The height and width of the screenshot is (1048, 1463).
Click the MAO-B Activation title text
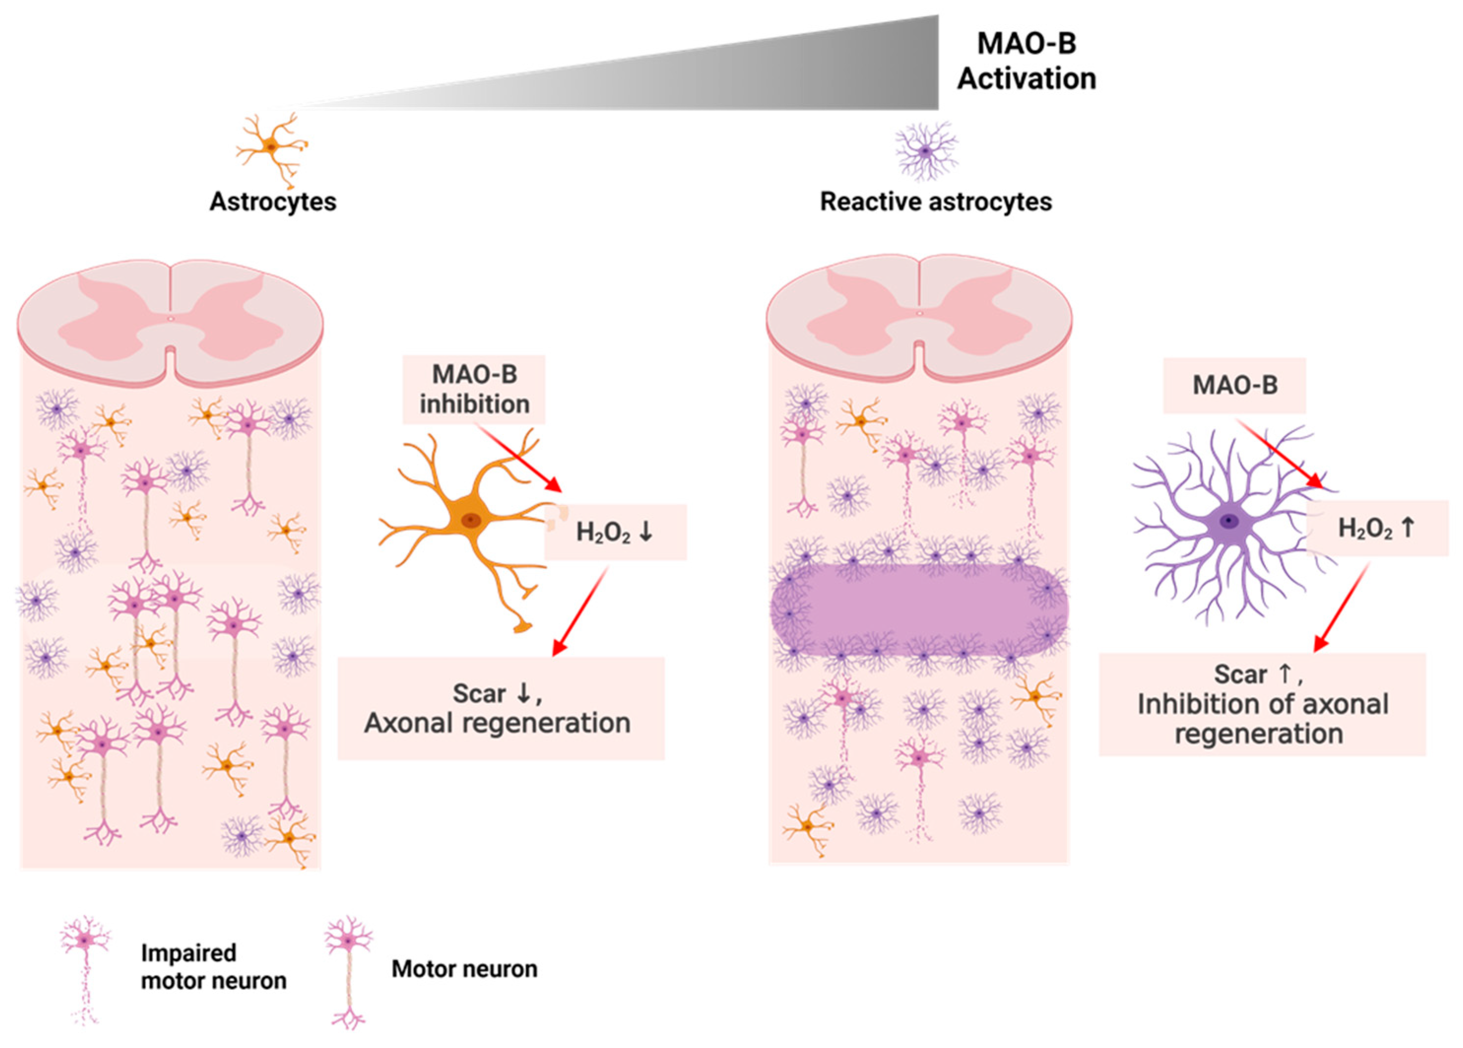point(1026,61)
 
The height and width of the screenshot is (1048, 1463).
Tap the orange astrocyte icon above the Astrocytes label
point(271,147)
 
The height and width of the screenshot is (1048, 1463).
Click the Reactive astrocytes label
point(935,202)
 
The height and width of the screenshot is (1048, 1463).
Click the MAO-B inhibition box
point(474,389)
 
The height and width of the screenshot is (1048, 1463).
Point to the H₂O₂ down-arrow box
point(616,532)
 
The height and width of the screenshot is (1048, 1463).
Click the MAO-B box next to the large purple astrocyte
point(1234,385)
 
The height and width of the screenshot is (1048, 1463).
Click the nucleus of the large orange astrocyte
point(470,520)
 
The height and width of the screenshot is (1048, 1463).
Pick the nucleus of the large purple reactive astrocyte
point(1229,521)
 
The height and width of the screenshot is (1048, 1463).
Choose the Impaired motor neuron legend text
point(213,967)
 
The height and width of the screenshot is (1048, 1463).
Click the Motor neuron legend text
point(464,969)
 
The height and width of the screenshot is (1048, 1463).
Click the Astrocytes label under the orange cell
point(272,202)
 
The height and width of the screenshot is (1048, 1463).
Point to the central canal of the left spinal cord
point(170,318)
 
